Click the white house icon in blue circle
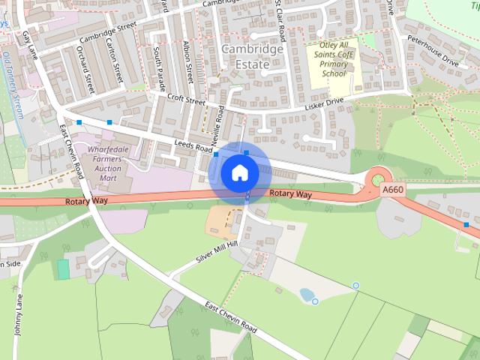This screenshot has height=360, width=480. click(x=239, y=172)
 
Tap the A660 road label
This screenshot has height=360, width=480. click(x=393, y=190)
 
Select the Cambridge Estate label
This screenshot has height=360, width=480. click(x=253, y=57)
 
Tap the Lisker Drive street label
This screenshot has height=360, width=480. click(x=323, y=104)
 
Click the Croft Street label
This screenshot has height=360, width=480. click(x=186, y=99)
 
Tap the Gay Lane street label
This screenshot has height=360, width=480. click(x=30, y=46)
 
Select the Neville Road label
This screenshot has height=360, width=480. click(x=219, y=124)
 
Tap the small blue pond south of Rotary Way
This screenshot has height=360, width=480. click(x=307, y=294)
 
